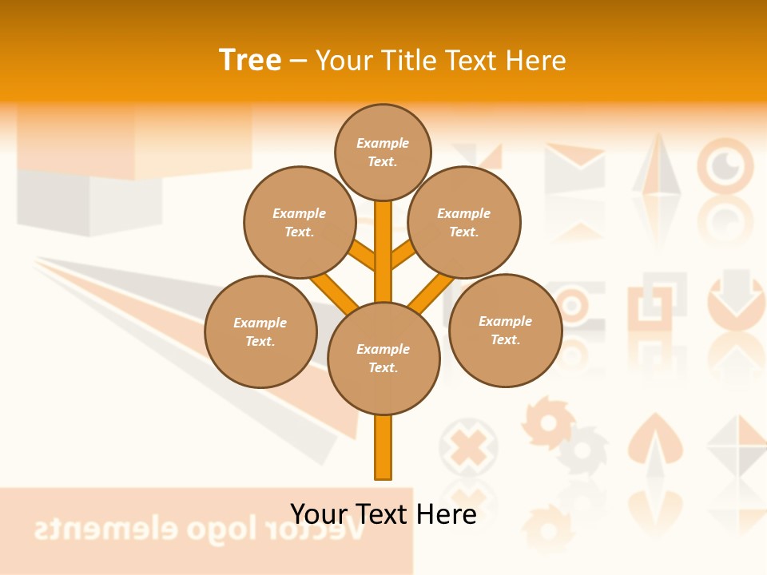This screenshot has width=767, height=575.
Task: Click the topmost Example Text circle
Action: point(383,152)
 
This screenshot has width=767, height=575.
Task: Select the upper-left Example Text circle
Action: point(300,222)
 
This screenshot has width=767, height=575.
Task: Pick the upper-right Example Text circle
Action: point(464,222)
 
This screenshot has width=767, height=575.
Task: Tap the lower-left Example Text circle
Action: point(260,331)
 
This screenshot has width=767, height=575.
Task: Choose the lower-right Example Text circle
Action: point(505,330)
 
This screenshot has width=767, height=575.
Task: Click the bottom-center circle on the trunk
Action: point(383,359)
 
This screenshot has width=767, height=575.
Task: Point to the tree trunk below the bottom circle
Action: point(383,447)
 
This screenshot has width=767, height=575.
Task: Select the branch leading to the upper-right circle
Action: point(403,256)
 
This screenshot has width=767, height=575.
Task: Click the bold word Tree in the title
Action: point(250,60)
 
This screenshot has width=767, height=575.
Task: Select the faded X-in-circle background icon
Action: point(467,447)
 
